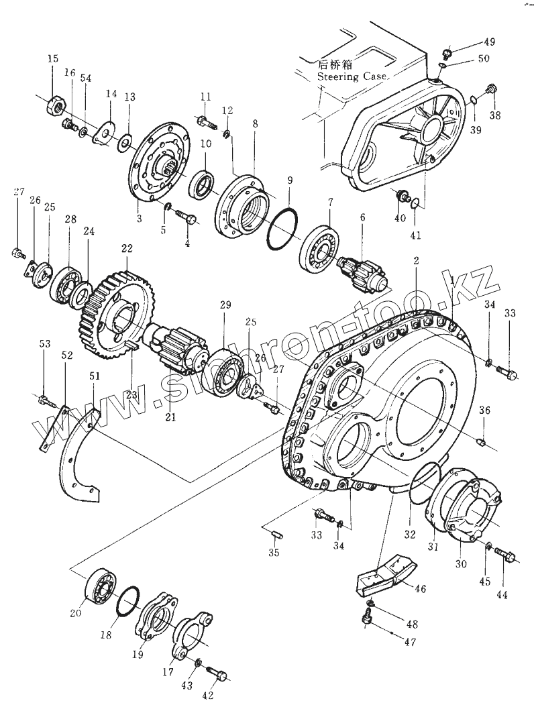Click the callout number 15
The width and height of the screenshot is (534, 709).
pos(52,59)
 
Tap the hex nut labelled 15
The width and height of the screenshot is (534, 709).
pos(55,105)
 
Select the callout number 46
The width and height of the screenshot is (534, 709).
pos(421,590)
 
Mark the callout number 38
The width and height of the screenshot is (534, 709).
pos(495,115)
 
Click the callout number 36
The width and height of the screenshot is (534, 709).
pos(484,411)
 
